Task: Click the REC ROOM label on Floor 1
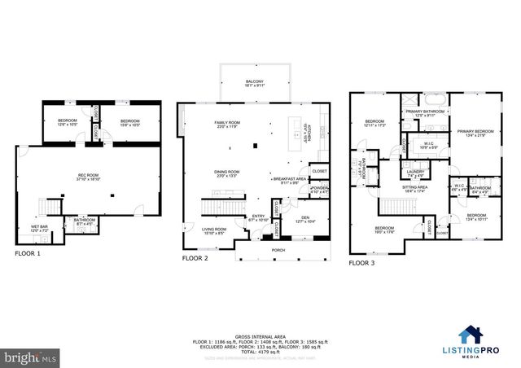pyautogui.click(x=88, y=177)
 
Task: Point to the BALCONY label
pyautogui.click(x=255, y=81)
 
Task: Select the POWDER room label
pyautogui.click(x=319, y=190)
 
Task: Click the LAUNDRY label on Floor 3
pyautogui.click(x=415, y=173)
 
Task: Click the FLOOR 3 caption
pyautogui.click(x=364, y=263)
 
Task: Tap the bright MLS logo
pyautogui.click(x=30, y=357)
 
